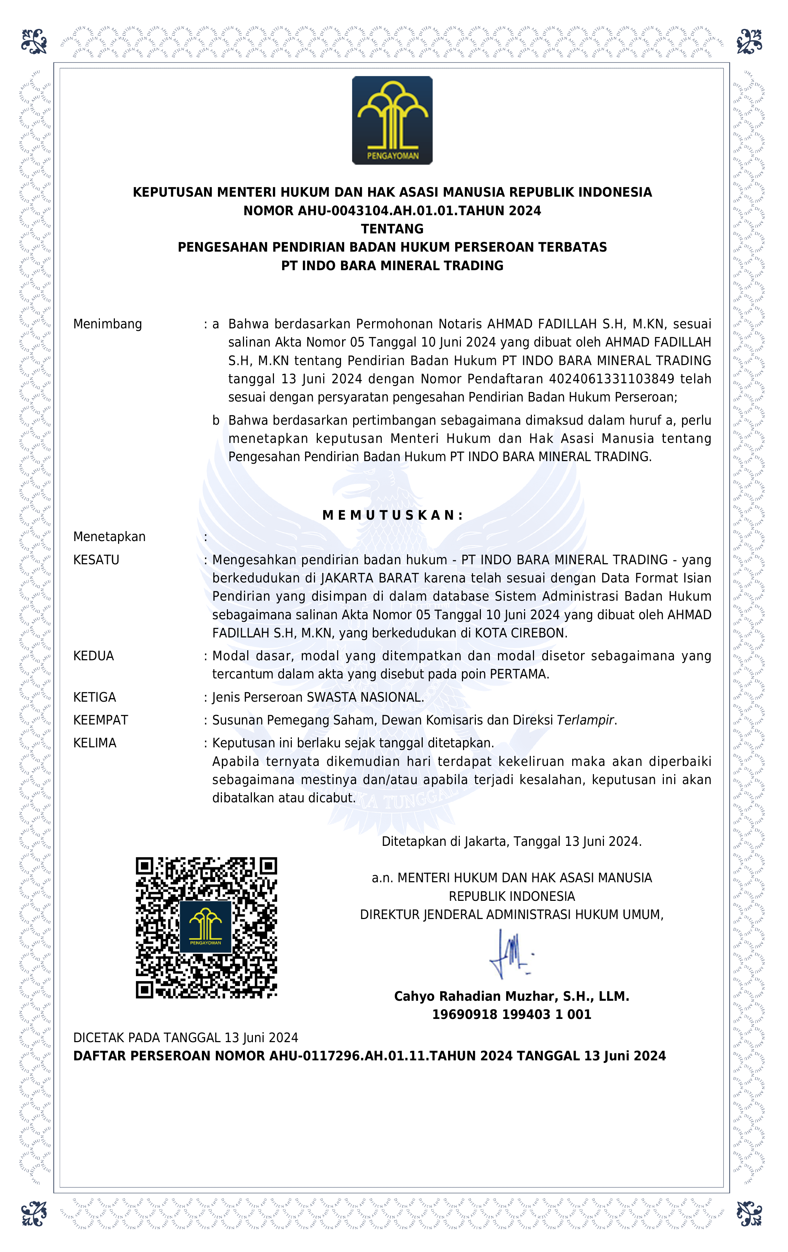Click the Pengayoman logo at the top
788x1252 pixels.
click(392, 120)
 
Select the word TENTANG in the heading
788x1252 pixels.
click(392, 229)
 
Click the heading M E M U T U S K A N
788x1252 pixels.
click(392, 515)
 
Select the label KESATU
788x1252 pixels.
click(96, 560)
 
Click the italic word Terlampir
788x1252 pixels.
click(585, 720)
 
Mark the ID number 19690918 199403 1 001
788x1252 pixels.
click(512, 1014)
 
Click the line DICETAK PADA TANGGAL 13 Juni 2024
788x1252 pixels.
click(185, 1038)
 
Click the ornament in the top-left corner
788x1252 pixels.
click(34, 42)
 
